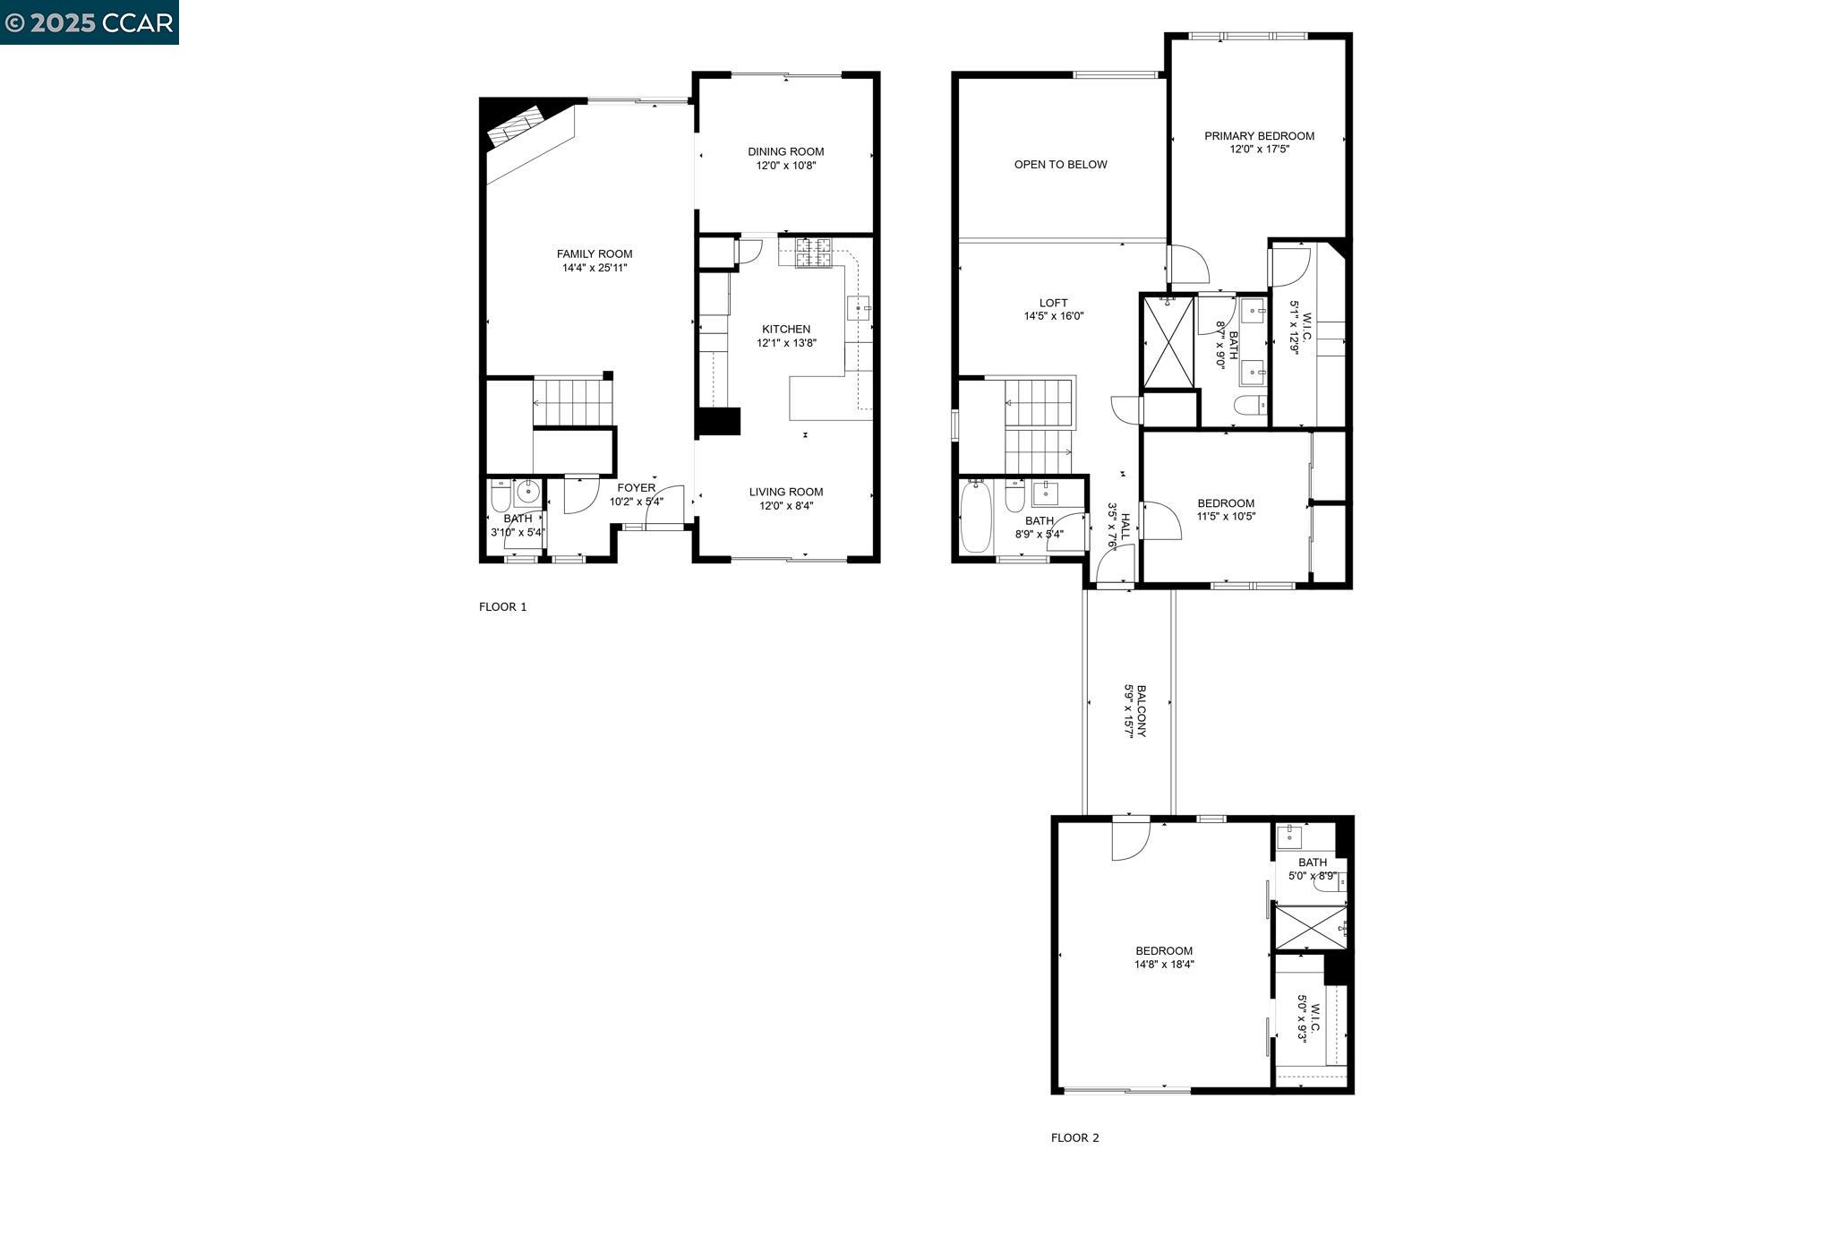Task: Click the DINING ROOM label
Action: pos(785,151)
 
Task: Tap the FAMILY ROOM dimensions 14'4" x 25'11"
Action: pos(595,268)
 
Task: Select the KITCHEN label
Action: pos(786,329)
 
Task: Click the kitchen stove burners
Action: pos(814,253)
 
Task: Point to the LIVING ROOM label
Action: pos(786,492)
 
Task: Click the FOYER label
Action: pos(636,488)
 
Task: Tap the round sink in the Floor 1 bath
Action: pos(527,491)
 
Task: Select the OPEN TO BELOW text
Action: pos(1060,165)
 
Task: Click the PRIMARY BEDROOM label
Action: pos(1259,136)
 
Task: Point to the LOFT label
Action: pos(1054,303)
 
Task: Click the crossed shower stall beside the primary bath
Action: pos(1168,342)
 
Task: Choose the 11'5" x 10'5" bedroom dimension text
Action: pos(1226,516)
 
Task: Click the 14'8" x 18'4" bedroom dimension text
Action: pos(1164,965)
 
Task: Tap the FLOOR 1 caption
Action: pos(502,607)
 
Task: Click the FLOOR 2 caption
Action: pos(1074,1138)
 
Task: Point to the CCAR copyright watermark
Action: pos(89,22)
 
